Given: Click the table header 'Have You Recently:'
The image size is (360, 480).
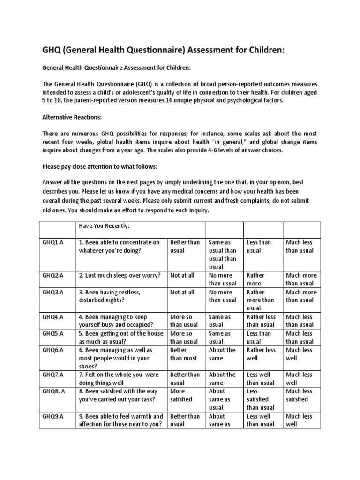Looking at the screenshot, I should point(104,226).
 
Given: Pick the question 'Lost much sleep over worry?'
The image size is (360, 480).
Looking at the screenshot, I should point(120,275).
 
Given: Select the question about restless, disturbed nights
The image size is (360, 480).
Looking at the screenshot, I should point(110,296).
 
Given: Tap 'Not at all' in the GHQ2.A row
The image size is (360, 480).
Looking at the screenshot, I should point(182,275).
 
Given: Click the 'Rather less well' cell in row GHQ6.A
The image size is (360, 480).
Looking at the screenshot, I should point(261,354).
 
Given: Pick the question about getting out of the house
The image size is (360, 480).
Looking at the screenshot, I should point(121,337).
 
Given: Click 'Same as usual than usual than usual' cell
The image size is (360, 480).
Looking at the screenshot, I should point(223,255).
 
